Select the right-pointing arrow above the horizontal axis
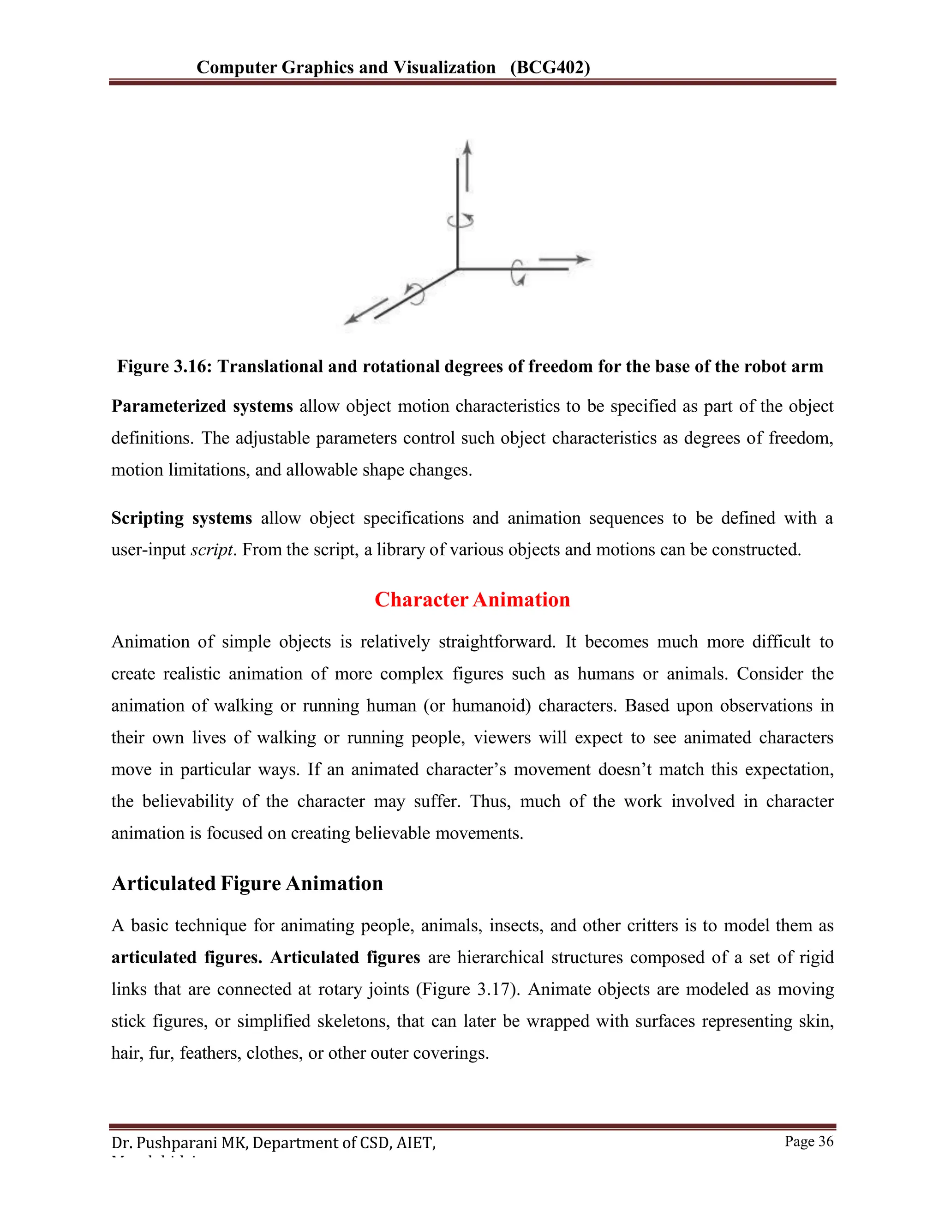point(564,259)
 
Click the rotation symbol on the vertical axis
point(460,221)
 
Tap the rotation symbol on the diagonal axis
point(415,294)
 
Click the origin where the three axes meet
point(458,269)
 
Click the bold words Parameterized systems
point(202,406)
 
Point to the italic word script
point(211,550)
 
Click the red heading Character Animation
point(472,600)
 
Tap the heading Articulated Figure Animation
point(247,884)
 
